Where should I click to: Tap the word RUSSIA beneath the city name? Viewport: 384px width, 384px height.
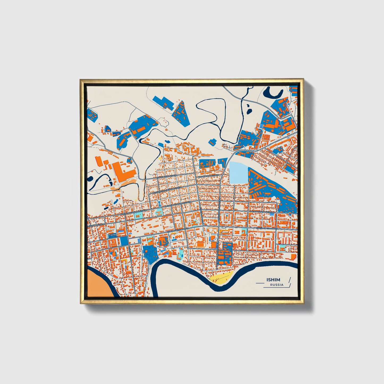point(277,285)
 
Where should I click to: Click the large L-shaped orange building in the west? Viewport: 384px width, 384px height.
point(124,170)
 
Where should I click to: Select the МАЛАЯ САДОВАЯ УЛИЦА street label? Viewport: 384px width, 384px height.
point(261,212)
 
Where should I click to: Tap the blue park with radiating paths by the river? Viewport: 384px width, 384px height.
point(150,253)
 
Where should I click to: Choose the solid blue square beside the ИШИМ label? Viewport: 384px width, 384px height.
point(124,241)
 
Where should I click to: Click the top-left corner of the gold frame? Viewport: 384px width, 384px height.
point(80,79)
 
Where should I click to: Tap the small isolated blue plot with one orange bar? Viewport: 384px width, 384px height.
point(212,142)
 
